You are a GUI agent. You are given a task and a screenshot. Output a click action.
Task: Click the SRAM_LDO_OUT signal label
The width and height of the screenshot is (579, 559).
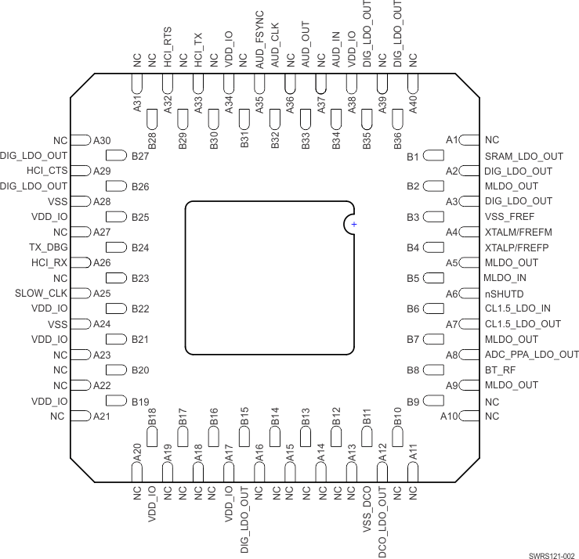pyautogui.click(x=524, y=157)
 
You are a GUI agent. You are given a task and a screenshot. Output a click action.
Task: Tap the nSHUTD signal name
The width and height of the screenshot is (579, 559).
pyautogui.click(x=505, y=294)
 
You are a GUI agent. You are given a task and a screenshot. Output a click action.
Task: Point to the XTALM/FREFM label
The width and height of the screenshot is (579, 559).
pyautogui.click(x=519, y=233)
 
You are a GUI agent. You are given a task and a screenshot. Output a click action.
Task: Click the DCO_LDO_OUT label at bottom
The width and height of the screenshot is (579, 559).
pyautogui.click(x=382, y=521)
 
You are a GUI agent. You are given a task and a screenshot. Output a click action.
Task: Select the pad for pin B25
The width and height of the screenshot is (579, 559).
pyautogui.click(x=116, y=217)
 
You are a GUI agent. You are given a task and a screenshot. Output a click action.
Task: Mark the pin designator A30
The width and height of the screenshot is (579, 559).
pyautogui.click(x=102, y=140)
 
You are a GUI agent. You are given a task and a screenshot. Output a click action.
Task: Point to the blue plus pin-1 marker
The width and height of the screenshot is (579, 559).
pyautogui.click(x=354, y=225)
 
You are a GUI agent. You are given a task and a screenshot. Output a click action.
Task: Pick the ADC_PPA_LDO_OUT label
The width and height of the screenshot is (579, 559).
pyautogui.click(x=532, y=355)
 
